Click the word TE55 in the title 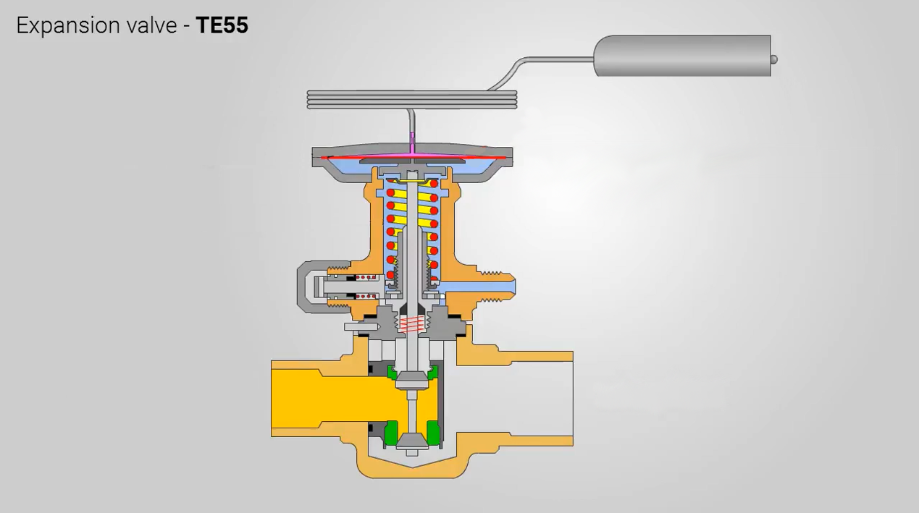point(222,25)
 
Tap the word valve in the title point(151,25)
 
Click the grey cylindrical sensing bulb point(682,56)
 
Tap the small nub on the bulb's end point(774,60)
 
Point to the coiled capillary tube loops point(412,100)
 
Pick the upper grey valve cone point(411,381)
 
